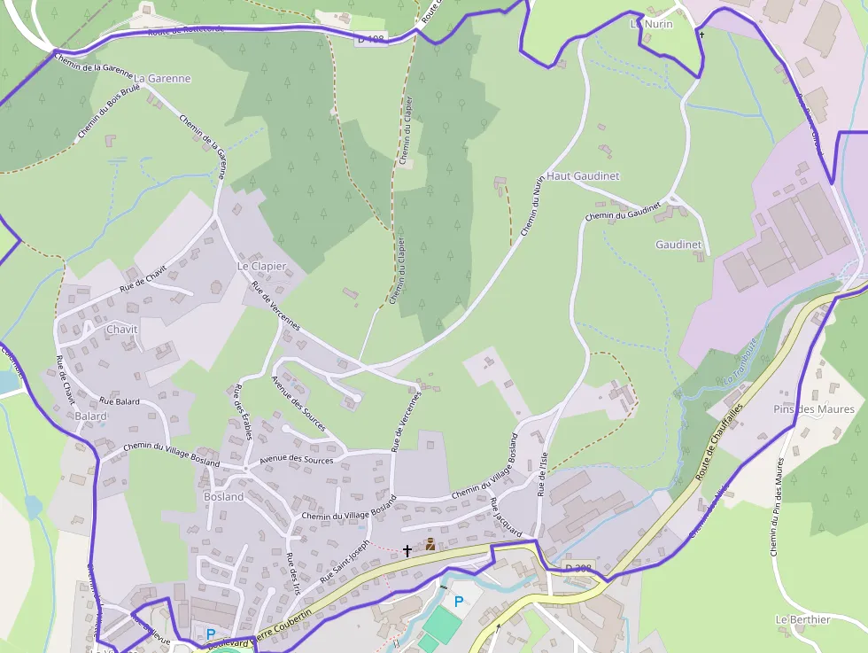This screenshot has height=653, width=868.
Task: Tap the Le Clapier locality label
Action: click(261, 266)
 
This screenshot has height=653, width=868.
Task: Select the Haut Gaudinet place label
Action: click(583, 176)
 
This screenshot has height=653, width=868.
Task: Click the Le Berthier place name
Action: click(802, 619)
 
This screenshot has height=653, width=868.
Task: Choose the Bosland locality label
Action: click(223, 497)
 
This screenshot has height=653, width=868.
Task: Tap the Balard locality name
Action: click(91, 416)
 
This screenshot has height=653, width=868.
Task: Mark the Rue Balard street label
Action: click(120, 401)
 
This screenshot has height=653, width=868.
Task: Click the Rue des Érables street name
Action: click(244, 412)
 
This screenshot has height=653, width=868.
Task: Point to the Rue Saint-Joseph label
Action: click(344, 560)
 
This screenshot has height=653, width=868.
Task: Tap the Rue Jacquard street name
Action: click(506, 517)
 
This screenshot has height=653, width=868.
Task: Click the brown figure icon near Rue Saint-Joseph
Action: click(430, 544)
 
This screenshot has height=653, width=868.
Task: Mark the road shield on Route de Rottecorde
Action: click(371, 39)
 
